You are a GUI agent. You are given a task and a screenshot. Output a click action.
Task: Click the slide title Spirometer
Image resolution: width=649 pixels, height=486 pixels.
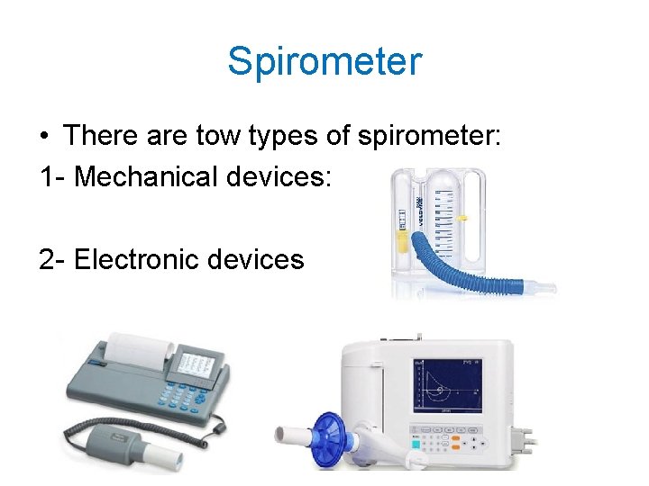click(324, 61)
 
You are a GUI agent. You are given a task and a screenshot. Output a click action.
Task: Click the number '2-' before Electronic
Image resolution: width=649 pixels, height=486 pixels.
click(52, 259)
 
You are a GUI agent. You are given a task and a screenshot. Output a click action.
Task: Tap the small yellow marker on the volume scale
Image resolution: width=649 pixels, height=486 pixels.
click(461, 217)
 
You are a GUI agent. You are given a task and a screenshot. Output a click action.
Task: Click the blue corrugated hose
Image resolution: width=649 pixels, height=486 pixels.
click(469, 270)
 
